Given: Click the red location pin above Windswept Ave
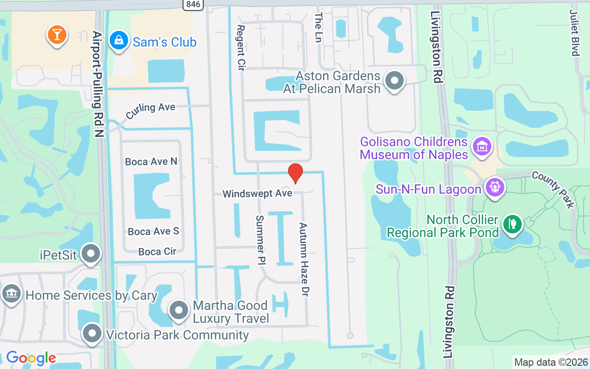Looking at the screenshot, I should [295, 173].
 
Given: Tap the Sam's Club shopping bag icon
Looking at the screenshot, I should [119, 41].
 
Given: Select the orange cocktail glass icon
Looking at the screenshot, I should [57, 35].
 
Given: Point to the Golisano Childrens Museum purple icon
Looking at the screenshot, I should [482, 147].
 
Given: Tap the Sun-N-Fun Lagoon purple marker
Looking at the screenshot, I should [495, 188].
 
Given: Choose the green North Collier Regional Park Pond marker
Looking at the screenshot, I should [512, 225].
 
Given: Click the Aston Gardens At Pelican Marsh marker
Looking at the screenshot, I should [394, 81].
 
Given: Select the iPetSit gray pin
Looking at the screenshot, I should [91, 254].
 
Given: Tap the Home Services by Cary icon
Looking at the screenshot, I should [11, 294].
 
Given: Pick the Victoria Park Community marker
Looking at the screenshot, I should [92, 333].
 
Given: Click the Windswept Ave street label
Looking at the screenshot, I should [257, 194].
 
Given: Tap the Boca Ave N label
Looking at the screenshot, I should [151, 161].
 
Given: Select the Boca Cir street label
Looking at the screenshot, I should [157, 251].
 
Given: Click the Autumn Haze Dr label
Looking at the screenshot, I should [304, 260].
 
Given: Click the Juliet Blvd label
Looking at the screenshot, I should [574, 32].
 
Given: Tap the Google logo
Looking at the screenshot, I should [31, 358].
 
